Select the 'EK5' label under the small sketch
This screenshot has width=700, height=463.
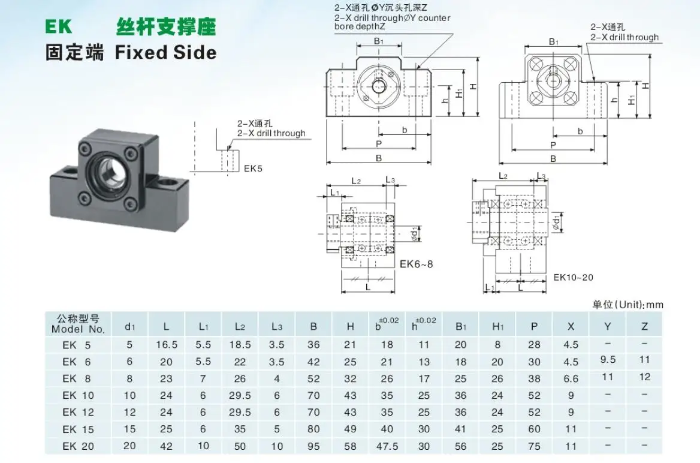254,169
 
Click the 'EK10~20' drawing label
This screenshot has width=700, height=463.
573,277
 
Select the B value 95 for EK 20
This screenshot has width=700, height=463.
313,446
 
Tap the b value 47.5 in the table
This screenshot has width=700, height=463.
387,446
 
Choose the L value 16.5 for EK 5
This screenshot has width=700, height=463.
167,344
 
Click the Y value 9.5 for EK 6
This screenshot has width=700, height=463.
608,360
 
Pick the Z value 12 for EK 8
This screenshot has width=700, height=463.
644,377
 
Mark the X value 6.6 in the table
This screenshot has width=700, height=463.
571,378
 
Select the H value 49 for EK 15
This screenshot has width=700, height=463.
350,429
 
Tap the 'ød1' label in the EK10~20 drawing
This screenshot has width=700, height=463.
557,224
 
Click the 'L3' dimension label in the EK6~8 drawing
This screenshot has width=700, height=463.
390,180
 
